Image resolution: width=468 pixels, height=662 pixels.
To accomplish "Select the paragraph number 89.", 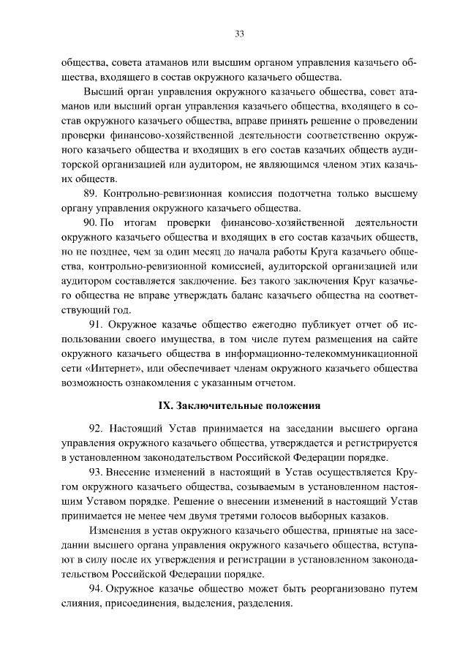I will (x=93, y=194).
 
